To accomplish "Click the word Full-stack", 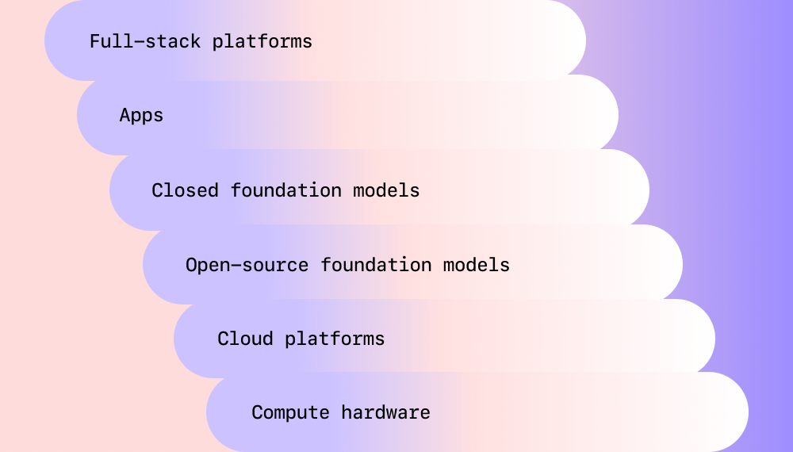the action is pyautogui.click(x=144, y=41).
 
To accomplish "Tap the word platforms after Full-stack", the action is pyautogui.click(x=262, y=41).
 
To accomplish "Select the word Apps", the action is pyautogui.click(x=141, y=116).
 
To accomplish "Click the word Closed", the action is pyautogui.click(x=185, y=190).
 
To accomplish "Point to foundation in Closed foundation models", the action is pyautogui.click(x=285, y=190).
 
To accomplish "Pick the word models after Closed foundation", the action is pyautogui.click(x=386, y=190).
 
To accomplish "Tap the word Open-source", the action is pyautogui.click(x=247, y=265).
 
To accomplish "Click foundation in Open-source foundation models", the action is pyautogui.click(x=376, y=265).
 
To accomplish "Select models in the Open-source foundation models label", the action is pyautogui.click(x=477, y=265).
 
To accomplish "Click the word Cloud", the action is pyautogui.click(x=245, y=339).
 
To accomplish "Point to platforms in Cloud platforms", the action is pyautogui.click(x=335, y=339).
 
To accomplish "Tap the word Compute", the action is pyautogui.click(x=290, y=412).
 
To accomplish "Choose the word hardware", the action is pyautogui.click(x=385, y=412).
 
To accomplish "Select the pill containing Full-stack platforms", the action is pyautogui.click(x=315, y=40).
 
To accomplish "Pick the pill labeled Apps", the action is pyautogui.click(x=347, y=115).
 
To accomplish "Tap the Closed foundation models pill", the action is pyautogui.click(x=379, y=190).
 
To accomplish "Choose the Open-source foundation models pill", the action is pyautogui.click(x=412, y=264).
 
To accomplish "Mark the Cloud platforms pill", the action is pyautogui.click(x=445, y=339).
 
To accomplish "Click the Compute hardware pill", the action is pyautogui.click(x=477, y=412).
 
